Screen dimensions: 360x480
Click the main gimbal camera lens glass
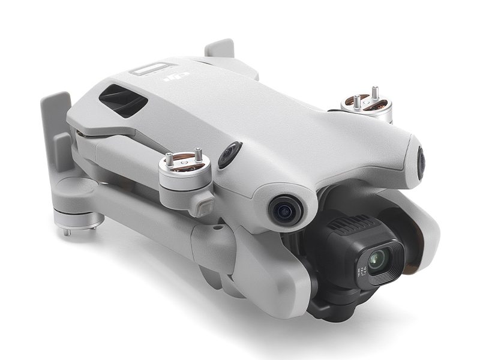click(x=377, y=260)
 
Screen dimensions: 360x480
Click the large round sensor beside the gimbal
click(x=285, y=209)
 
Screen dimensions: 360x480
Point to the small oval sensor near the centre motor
click(x=229, y=155)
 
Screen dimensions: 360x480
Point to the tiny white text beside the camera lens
click(x=361, y=273)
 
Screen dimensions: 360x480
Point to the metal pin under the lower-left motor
click(x=67, y=232)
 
